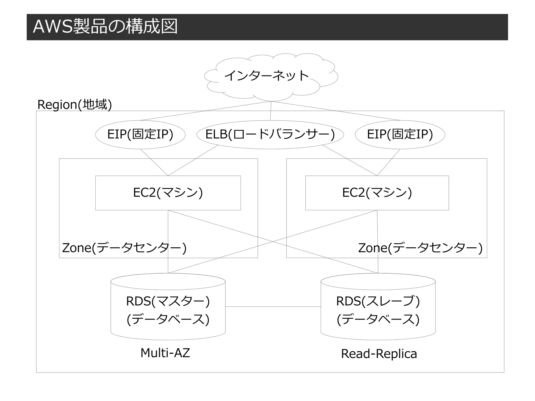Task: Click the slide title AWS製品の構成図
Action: pyautogui.click(x=105, y=27)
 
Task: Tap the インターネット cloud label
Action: pyautogui.click(x=266, y=76)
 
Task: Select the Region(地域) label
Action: pyautogui.click(x=75, y=104)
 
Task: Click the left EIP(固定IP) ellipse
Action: pyautogui.click(x=140, y=135)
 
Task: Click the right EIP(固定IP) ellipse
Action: pyautogui.click(x=400, y=135)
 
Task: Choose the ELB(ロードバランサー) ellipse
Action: pyautogui.click(x=270, y=135)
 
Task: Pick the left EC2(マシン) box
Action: pyautogui.click(x=168, y=193)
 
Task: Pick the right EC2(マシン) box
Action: pyautogui.click(x=377, y=193)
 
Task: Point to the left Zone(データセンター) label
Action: pyautogui.click(x=124, y=248)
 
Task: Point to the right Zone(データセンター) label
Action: pyautogui.click(x=420, y=248)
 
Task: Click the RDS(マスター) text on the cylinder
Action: pyautogui.click(x=168, y=301)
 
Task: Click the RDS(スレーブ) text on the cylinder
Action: pyautogui.click(x=378, y=301)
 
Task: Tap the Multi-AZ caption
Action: pyautogui.click(x=165, y=353)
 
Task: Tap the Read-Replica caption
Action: pyautogui.click(x=379, y=354)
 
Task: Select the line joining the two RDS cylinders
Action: pyautogui.click(x=273, y=306)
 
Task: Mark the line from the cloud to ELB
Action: pyautogui.click(x=271, y=111)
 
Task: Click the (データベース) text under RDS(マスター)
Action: pyautogui.click(x=168, y=319)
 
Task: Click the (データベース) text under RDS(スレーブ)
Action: pyautogui.click(x=378, y=319)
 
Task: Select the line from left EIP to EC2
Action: pyautogui.click(x=154, y=162)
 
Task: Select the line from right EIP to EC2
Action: pyautogui.click(x=389, y=162)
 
